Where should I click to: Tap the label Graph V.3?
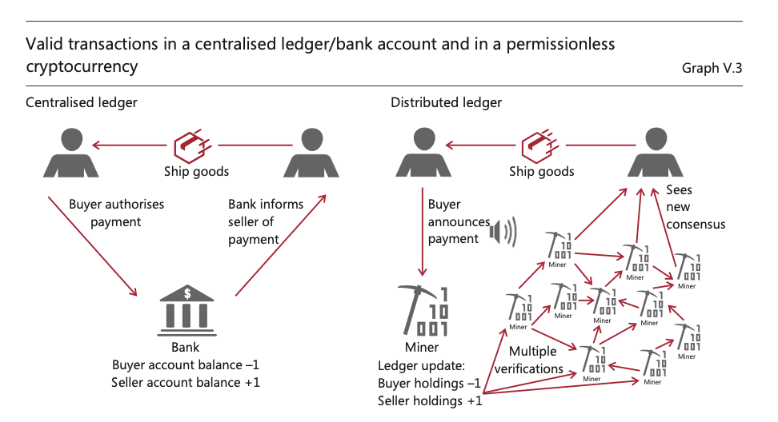coord(712,68)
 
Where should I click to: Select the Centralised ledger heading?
coord(82,102)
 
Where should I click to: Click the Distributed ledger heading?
coord(446,102)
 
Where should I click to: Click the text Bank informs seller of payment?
coord(266,221)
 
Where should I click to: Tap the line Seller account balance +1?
coord(186,382)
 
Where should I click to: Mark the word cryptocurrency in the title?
coord(82,66)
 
